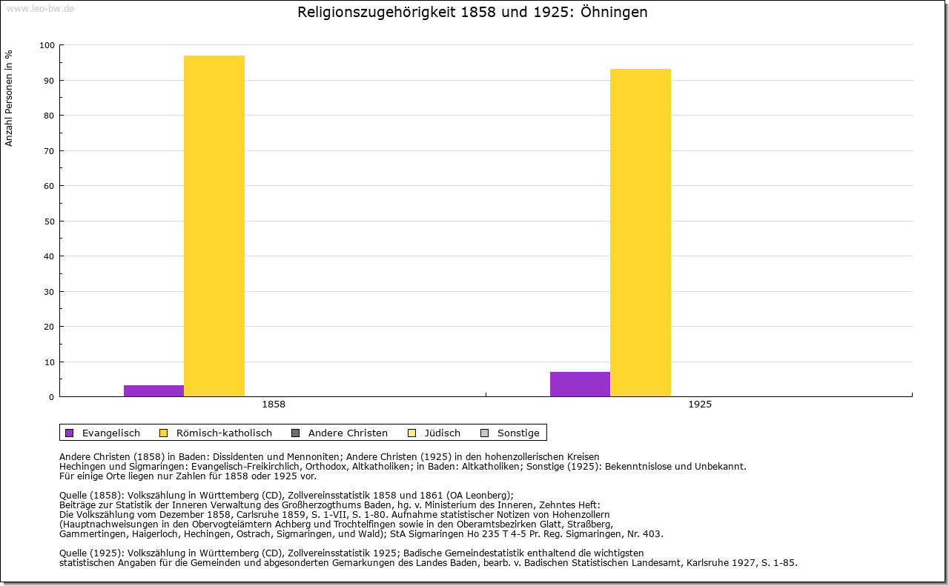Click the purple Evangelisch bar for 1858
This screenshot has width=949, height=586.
[153, 390]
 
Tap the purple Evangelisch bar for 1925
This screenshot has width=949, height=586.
[580, 384]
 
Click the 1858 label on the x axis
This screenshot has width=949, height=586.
[274, 404]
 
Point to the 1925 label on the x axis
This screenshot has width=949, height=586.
[700, 404]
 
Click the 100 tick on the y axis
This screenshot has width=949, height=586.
[47, 45]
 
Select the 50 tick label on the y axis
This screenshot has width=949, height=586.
[49, 222]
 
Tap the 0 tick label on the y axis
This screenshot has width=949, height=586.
[51, 397]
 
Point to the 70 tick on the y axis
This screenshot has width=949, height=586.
[49, 151]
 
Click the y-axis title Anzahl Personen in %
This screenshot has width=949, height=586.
[9, 98]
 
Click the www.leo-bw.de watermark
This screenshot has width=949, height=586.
[40, 9]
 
